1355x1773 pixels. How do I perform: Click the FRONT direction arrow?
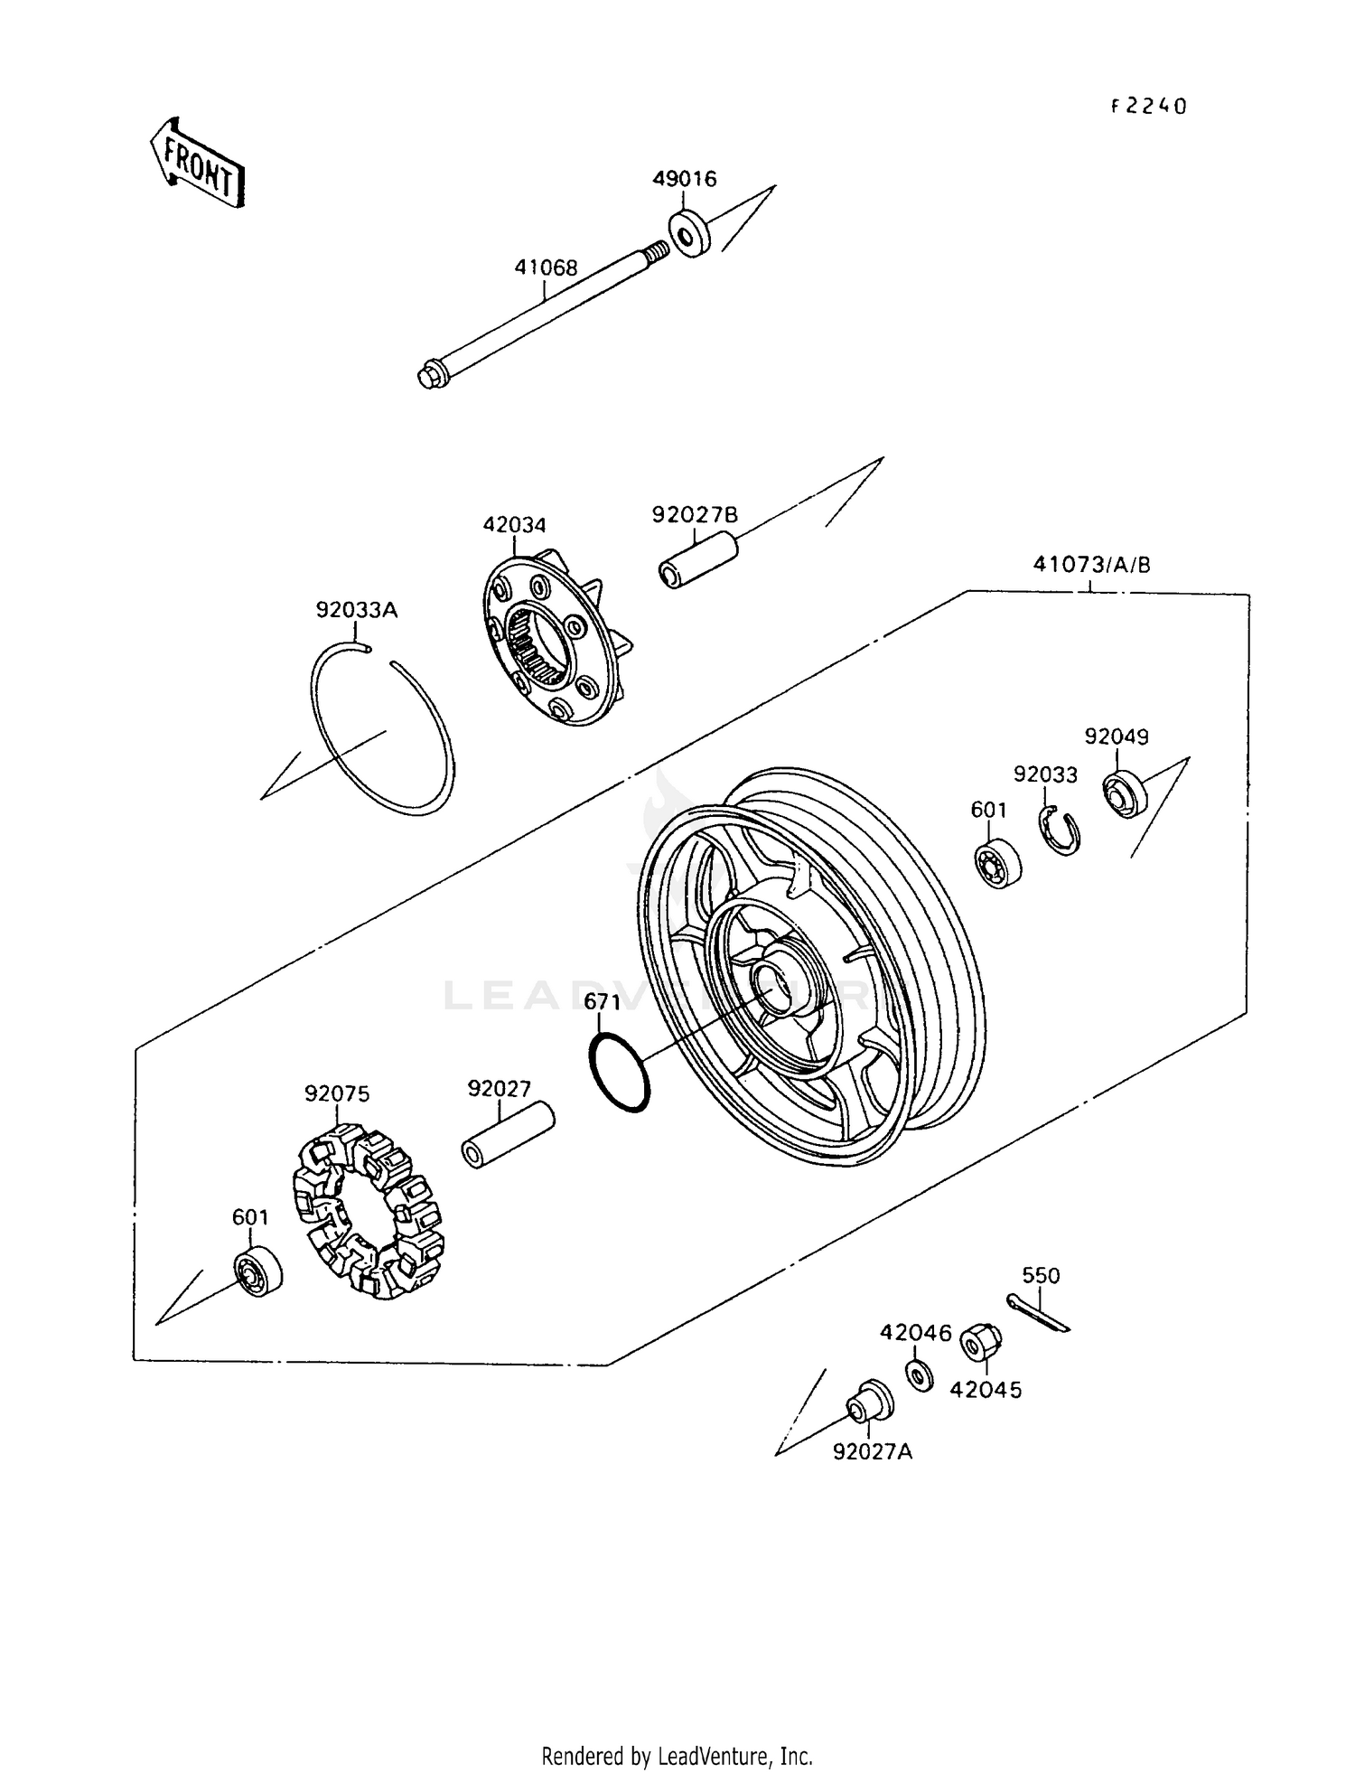tap(197, 164)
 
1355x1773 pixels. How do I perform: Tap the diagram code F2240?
tap(1148, 107)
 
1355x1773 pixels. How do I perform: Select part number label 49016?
tap(684, 179)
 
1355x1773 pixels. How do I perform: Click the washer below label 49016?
tap(689, 233)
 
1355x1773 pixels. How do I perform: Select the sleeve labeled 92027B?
tap(696, 560)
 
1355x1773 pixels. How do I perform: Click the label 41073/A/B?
tap(1091, 566)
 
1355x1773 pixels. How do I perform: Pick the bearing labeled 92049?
tap(1124, 794)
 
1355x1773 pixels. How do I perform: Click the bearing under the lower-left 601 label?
tap(258, 1271)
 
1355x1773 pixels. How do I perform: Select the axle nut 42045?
tap(978, 1342)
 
